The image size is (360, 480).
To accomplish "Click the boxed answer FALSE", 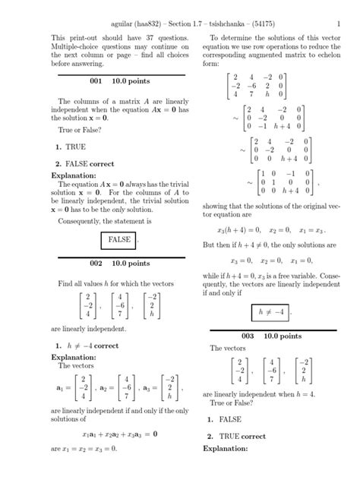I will click(x=120, y=239).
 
